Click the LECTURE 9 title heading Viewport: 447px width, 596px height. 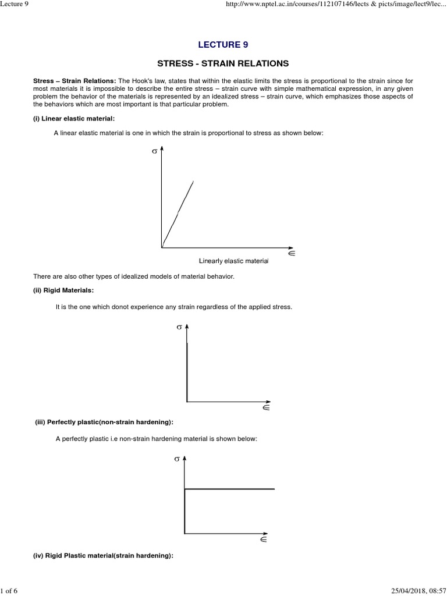tap(223, 44)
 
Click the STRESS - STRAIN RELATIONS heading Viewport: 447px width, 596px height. tap(223, 63)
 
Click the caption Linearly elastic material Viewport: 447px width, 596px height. tap(233, 261)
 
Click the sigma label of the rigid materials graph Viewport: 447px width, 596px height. tap(179, 328)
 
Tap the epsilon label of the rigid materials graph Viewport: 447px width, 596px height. tap(265, 408)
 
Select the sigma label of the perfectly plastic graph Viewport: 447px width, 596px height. tap(176, 459)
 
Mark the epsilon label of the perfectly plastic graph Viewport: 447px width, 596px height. tap(263, 540)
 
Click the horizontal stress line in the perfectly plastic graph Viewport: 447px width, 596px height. tap(230, 489)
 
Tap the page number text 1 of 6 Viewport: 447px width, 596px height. tap(10, 591)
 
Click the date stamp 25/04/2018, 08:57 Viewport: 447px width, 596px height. tap(413, 591)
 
